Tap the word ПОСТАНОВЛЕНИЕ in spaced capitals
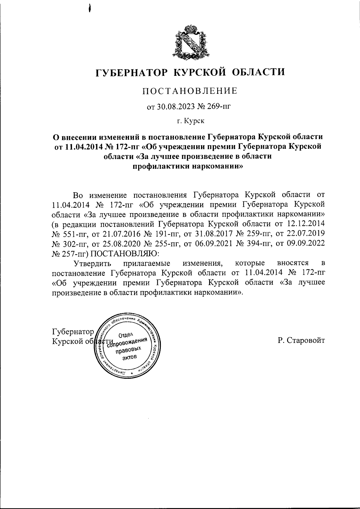click(x=190, y=91)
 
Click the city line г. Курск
click(x=190, y=121)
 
